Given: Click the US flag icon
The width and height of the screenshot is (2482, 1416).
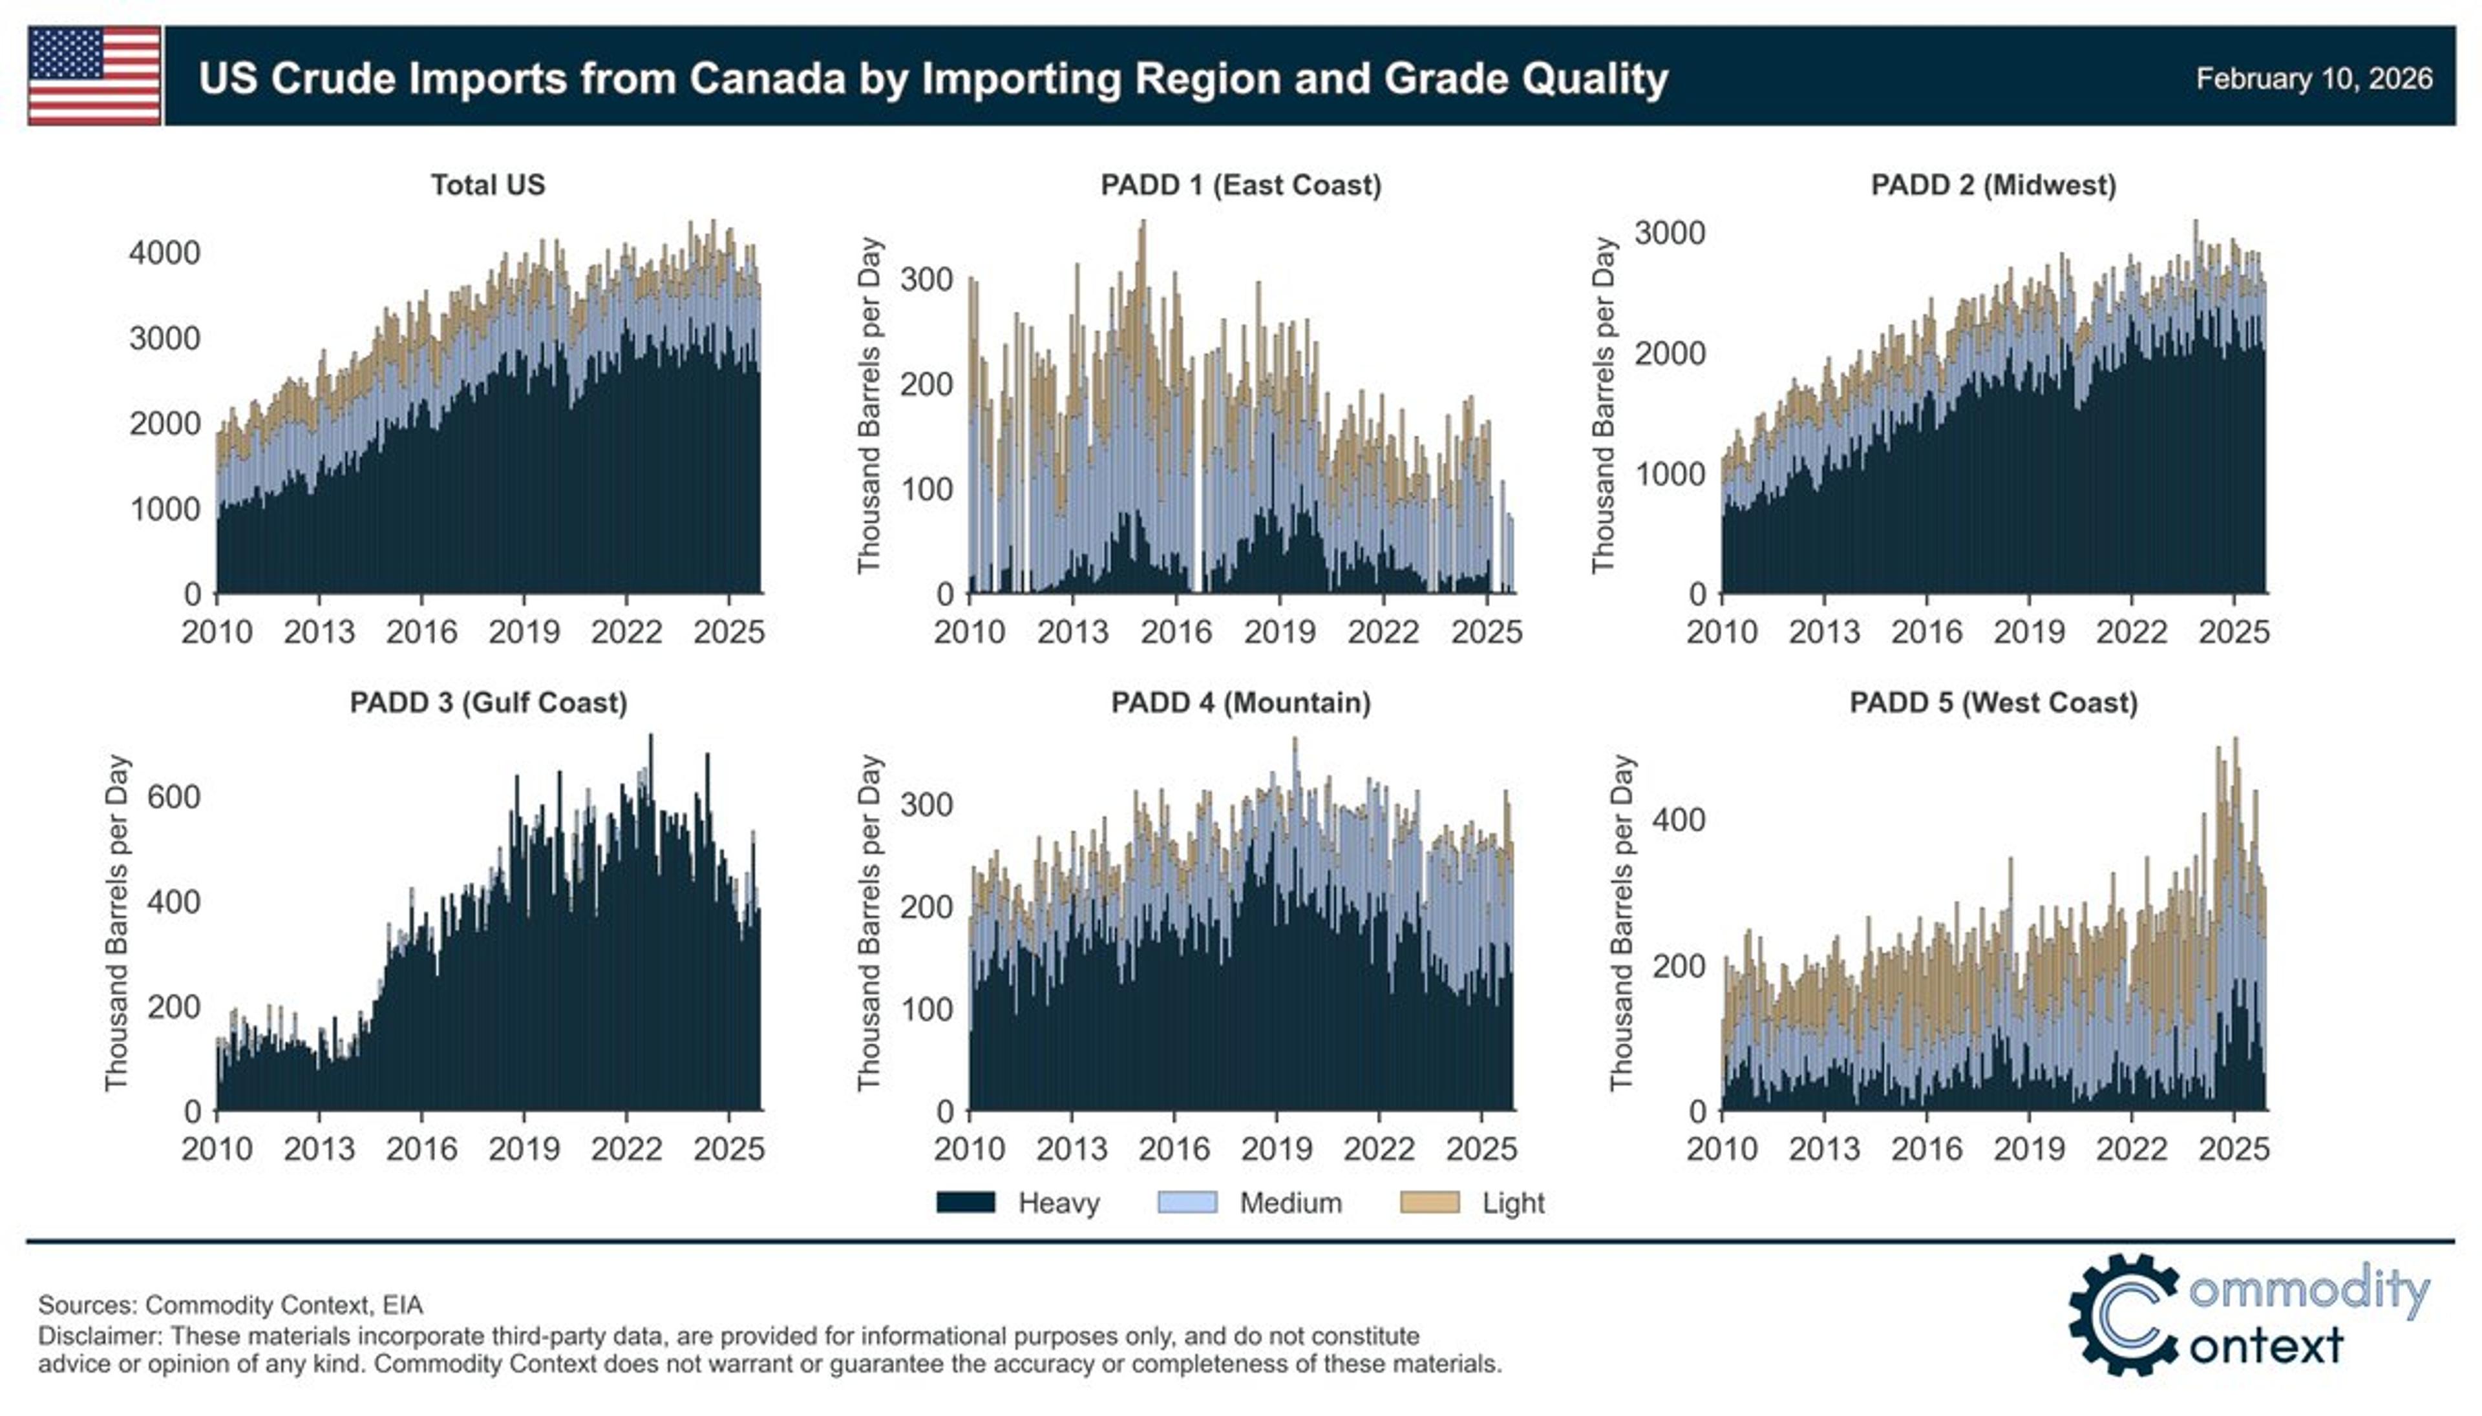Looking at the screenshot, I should coord(94,76).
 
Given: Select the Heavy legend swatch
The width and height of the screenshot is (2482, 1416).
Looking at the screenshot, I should coord(965,1203).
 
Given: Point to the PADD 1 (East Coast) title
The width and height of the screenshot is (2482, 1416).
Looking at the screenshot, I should coord(1240,185).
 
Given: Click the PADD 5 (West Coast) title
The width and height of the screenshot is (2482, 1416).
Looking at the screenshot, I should coord(1993,702).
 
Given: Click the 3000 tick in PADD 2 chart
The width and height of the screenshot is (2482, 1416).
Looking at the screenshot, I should coord(1670,233).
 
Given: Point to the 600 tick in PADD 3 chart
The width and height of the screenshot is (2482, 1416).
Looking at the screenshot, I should coord(173,798).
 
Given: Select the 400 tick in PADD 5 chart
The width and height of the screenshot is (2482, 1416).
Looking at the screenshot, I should coord(1679,820).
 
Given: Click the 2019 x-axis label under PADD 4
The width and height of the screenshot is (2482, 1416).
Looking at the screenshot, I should coord(1277,1149).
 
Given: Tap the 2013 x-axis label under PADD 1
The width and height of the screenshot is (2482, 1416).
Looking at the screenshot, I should coord(1072,632).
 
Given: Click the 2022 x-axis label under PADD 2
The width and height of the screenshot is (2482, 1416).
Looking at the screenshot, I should coord(2131,632).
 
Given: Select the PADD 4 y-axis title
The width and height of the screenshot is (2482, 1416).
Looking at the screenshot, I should coord(869,922).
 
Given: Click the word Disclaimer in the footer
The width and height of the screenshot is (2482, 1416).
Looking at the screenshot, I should coord(98,1335).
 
